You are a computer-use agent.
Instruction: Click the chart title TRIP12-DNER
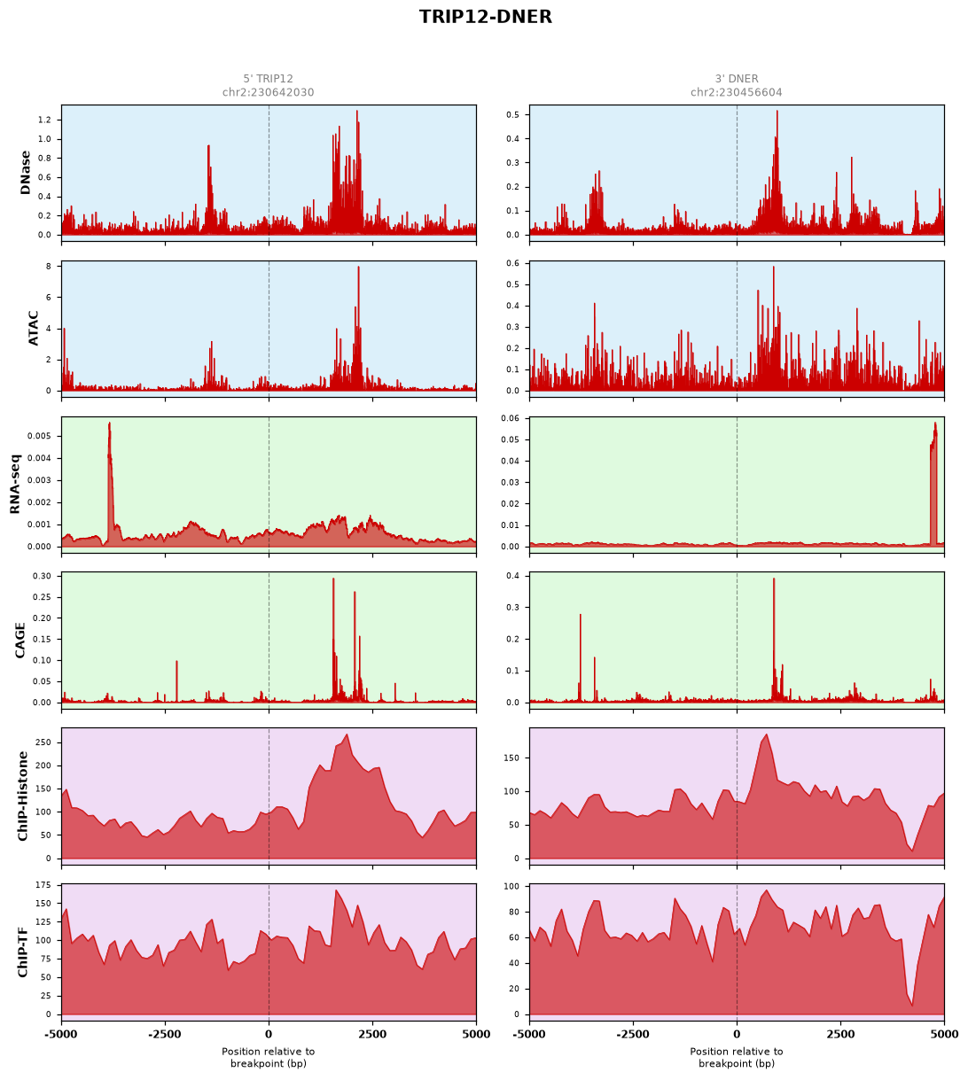coord(485,17)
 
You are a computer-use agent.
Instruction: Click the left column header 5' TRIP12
coord(269,79)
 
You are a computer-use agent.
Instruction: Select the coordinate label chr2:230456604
coord(736,92)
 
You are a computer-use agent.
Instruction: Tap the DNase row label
coord(25,173)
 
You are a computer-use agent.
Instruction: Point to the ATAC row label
coord(33,329)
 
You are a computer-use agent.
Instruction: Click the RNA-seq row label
coord(15,484)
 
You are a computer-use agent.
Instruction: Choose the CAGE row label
coord(20,641)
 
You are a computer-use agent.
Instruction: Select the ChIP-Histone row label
coord(22,796)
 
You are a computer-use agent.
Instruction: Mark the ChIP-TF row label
coord(22,952)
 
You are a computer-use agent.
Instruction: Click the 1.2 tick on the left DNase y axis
coord(44,120)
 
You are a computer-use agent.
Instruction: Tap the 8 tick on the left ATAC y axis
coord(49,267)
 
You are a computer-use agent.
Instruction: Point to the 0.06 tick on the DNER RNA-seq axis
coord(510,418)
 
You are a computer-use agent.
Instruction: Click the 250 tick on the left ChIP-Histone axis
coord(43,742)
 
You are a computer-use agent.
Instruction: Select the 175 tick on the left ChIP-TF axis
coord(43,885)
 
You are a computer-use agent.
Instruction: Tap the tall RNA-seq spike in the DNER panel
coord(933,426)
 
